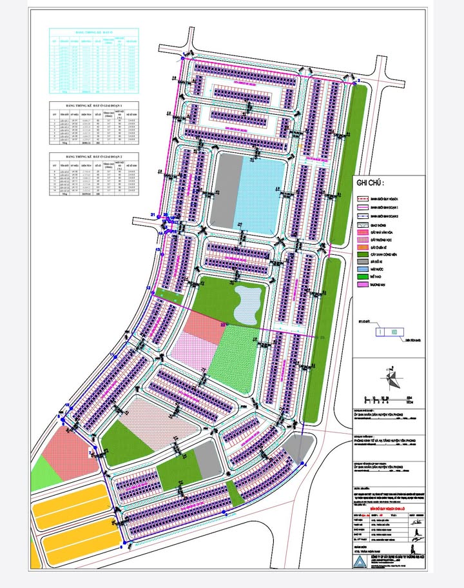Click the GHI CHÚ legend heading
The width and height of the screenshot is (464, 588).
369,183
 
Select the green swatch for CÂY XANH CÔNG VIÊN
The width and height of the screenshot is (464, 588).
363,255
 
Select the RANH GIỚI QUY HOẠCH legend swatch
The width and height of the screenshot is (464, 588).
363,199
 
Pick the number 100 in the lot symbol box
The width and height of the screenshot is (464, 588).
394,332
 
